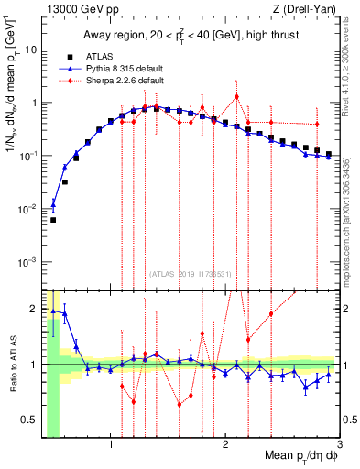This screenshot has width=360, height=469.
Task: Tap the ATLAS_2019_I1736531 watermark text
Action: tap(191, 274)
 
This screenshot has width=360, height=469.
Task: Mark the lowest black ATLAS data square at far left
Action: tap(53, 220)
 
